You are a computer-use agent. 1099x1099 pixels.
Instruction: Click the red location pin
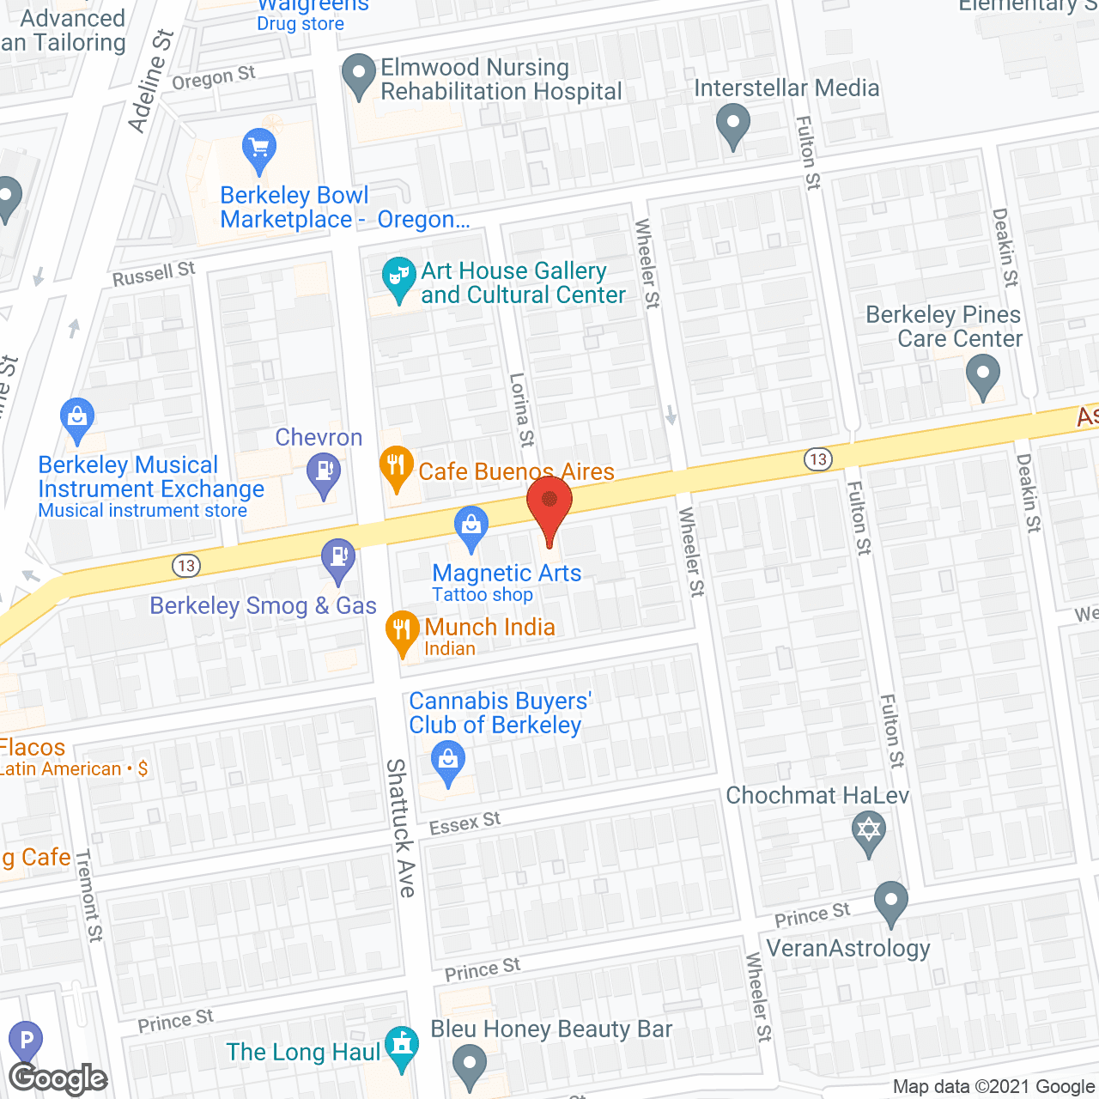pyautogui.click(x=549, y=503)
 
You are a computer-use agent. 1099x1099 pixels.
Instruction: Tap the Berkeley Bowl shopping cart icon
pyautogui.click(x=258, y=149)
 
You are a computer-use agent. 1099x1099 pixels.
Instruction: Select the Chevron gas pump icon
pyautogui.click(x=324, y=473)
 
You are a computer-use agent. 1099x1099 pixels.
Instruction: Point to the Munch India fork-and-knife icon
pyautogui.click(x=402, y=631)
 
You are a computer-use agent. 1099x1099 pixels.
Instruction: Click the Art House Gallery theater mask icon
pyautogui.click(x=398, y=276)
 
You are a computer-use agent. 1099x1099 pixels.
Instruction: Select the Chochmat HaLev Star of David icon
pyautogui.click(x=869, y=831)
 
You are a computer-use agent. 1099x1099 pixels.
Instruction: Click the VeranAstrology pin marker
pyautogui.click(x=891, y=902)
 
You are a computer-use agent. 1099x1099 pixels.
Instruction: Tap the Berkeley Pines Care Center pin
pyautogui.click(x=982, y=375)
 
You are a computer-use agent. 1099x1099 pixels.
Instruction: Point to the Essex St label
pyautogui.click(x=464, y=823)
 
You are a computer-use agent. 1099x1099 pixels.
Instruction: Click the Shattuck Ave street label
pyautogui.click(x=400, y=828)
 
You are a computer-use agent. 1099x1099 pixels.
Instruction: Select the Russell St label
pyautogui.click(x=154, y=275)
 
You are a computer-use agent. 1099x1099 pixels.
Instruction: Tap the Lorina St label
pyautogui.click(x=521, y=410)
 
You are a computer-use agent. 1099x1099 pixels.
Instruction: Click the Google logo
pyautogui.click(x=58, y=1078)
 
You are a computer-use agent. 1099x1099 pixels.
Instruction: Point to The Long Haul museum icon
pyautogui.click(x=401, y=1047)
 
